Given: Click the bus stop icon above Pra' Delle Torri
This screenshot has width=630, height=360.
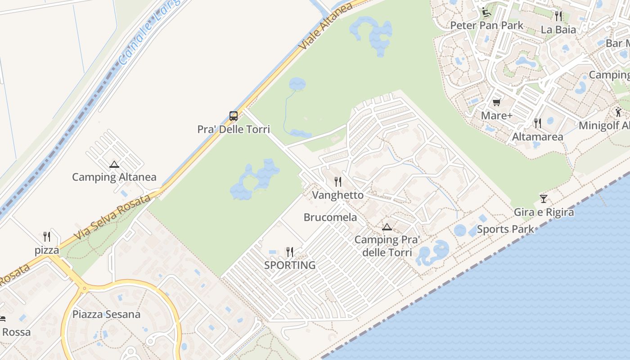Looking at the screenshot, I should tap(233, 116).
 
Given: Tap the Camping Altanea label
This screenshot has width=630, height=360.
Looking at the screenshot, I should tap(114, 177).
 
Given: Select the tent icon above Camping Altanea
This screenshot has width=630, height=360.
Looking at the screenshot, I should tap(114, 165).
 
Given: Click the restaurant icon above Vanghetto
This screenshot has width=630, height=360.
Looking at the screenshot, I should tap(338, 182).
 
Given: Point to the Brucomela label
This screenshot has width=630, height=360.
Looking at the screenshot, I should tap(330, 217).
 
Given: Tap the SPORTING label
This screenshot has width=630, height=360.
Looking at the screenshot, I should tap(290, 265).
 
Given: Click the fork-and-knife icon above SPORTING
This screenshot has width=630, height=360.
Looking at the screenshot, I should tap(290, 252).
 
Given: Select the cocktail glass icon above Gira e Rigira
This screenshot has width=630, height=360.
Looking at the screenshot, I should tap(544, 199).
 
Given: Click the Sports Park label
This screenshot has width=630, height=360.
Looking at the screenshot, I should tap(505, 229).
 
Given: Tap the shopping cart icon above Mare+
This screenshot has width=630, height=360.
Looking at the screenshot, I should tap(497, 103).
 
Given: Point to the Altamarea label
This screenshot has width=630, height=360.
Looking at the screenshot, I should tap(537, 136).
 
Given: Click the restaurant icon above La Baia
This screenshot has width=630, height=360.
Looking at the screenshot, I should tap(558, 16).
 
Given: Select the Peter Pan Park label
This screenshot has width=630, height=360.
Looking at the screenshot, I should tap(487, 25).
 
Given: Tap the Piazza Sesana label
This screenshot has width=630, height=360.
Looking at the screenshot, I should tap(106, 314).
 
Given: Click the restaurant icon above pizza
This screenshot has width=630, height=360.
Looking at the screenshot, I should tap(47, 237).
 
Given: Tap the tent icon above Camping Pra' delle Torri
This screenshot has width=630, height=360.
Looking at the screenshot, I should tap(387, 227).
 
